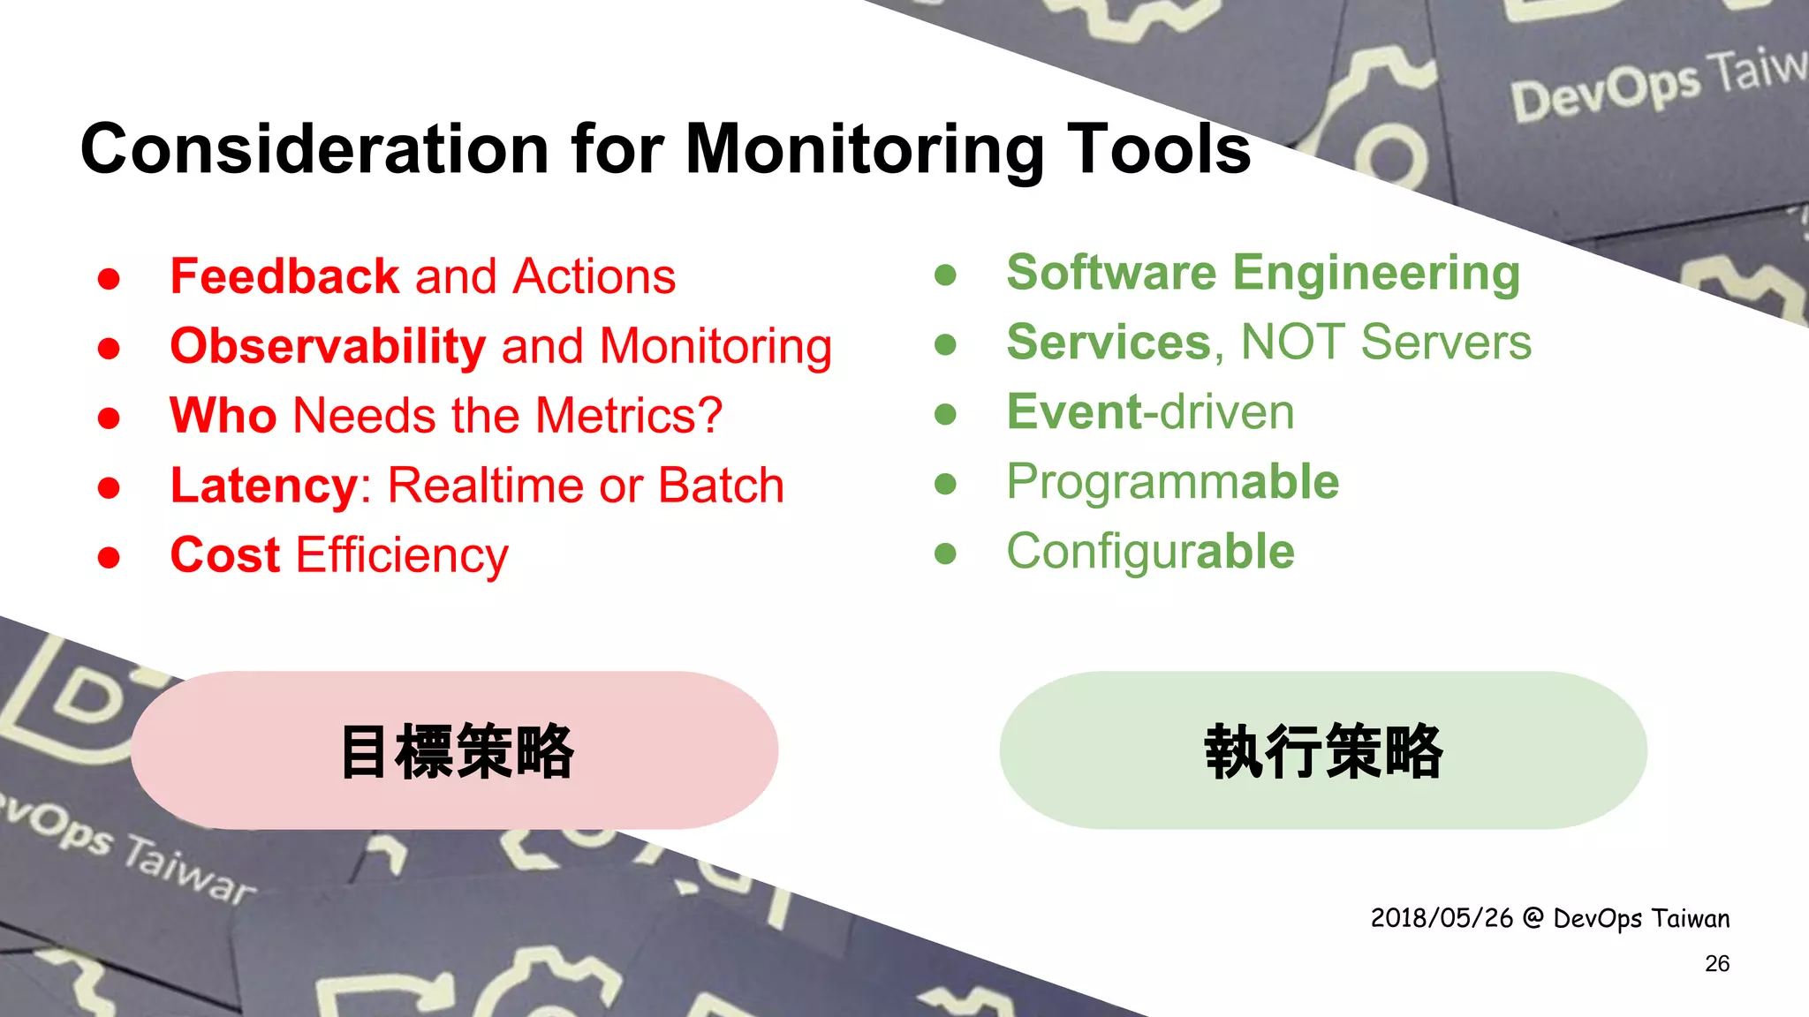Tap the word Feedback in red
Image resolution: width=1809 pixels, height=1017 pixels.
pos(284,276)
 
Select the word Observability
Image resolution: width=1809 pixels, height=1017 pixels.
pos(328,346)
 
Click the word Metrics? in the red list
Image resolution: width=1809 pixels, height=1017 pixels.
pos(628,416)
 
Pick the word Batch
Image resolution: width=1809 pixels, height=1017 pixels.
pos(721,486)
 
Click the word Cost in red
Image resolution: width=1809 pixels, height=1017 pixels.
pos(224,555)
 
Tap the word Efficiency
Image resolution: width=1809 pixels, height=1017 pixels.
pos(402,557)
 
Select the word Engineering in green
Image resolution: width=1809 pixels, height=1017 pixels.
pos(1375,274)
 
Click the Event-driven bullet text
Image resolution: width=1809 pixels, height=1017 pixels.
pos(1150,412)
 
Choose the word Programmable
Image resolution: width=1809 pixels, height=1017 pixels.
pos(1172,483)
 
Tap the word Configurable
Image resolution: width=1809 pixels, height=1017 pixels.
pos(1150,553)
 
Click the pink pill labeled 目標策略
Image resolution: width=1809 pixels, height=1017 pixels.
pos(455,750)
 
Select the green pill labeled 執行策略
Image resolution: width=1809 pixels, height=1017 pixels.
pos(1322,750)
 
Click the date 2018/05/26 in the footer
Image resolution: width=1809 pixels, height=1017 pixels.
pos(1442,918)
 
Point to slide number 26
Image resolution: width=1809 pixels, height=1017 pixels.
pos(1716,963)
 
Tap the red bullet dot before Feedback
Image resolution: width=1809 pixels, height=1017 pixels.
pos(109,279)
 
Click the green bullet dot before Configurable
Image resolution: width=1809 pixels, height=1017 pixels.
pos(945,554)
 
